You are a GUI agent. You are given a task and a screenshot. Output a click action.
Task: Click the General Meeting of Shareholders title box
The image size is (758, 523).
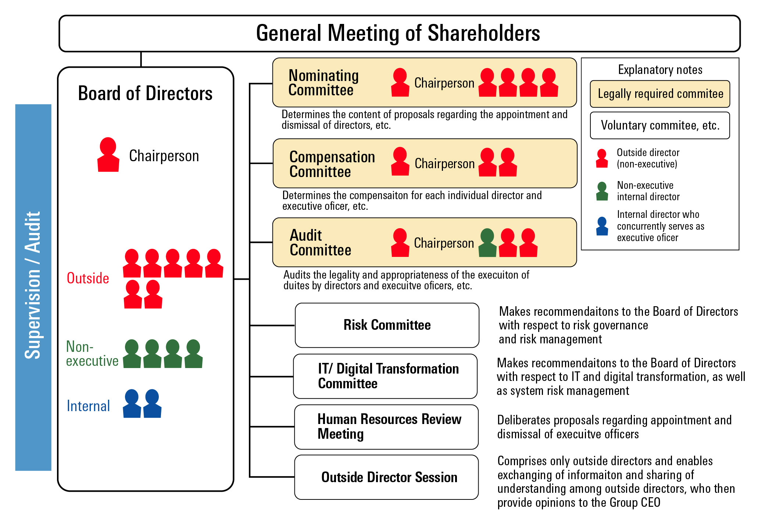(x=399, y=33)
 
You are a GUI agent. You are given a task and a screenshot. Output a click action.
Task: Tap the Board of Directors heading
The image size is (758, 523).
(x=145, y=93)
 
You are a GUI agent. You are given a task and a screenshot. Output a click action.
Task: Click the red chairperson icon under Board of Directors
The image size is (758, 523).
(x=108, y=155)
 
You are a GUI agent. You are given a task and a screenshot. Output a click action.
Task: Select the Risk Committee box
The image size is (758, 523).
(x=387, y=325)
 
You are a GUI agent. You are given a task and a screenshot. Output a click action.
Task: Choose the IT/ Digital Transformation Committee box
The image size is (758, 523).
(x=385, y=376)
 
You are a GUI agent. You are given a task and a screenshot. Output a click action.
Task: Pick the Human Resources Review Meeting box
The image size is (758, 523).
(x=386, y=427)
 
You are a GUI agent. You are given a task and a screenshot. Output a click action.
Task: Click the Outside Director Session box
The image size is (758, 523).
(x=386, y=477)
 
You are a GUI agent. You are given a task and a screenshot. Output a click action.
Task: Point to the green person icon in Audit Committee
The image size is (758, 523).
(x=487, y=243)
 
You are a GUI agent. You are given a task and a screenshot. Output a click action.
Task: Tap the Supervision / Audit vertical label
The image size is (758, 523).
(x=33, y=287)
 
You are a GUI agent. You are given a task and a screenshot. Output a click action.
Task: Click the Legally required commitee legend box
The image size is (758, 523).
(x=660, y=94)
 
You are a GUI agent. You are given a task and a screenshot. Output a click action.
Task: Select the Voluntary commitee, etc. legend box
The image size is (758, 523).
(x=660, y=126)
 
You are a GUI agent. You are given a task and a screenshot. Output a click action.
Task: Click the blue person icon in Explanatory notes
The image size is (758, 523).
(x=602, y=226)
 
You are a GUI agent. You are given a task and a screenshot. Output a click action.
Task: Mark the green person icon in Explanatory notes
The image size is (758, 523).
(x=602, y=191)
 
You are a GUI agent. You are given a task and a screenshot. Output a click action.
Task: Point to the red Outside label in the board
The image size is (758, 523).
(x=88, y=278)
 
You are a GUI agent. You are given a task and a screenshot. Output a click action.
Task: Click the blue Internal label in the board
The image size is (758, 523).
(x=88, y=406)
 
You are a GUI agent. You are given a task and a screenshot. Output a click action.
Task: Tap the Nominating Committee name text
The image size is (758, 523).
(x=323, y=83)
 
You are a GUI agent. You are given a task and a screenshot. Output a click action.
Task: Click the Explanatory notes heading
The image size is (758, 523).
(x=660, y=70)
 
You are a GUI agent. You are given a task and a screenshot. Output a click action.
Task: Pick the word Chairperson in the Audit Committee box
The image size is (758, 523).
(x=444, y=243)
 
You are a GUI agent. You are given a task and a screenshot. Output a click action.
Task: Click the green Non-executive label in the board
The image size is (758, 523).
(x=92, y=354)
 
